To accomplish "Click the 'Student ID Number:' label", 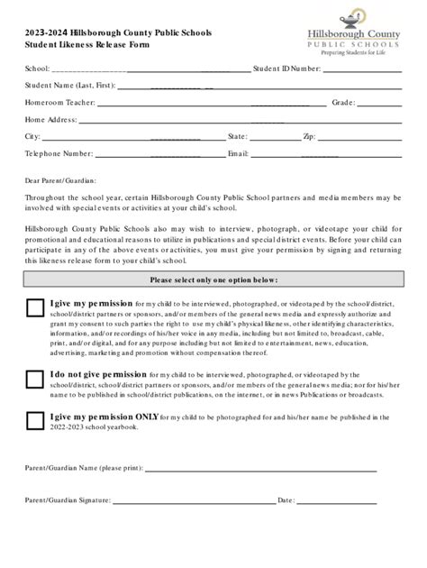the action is (287, 68).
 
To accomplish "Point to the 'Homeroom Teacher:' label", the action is (53, 102).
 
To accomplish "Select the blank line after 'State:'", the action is (275, 138).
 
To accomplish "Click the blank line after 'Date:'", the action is (338, 500).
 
